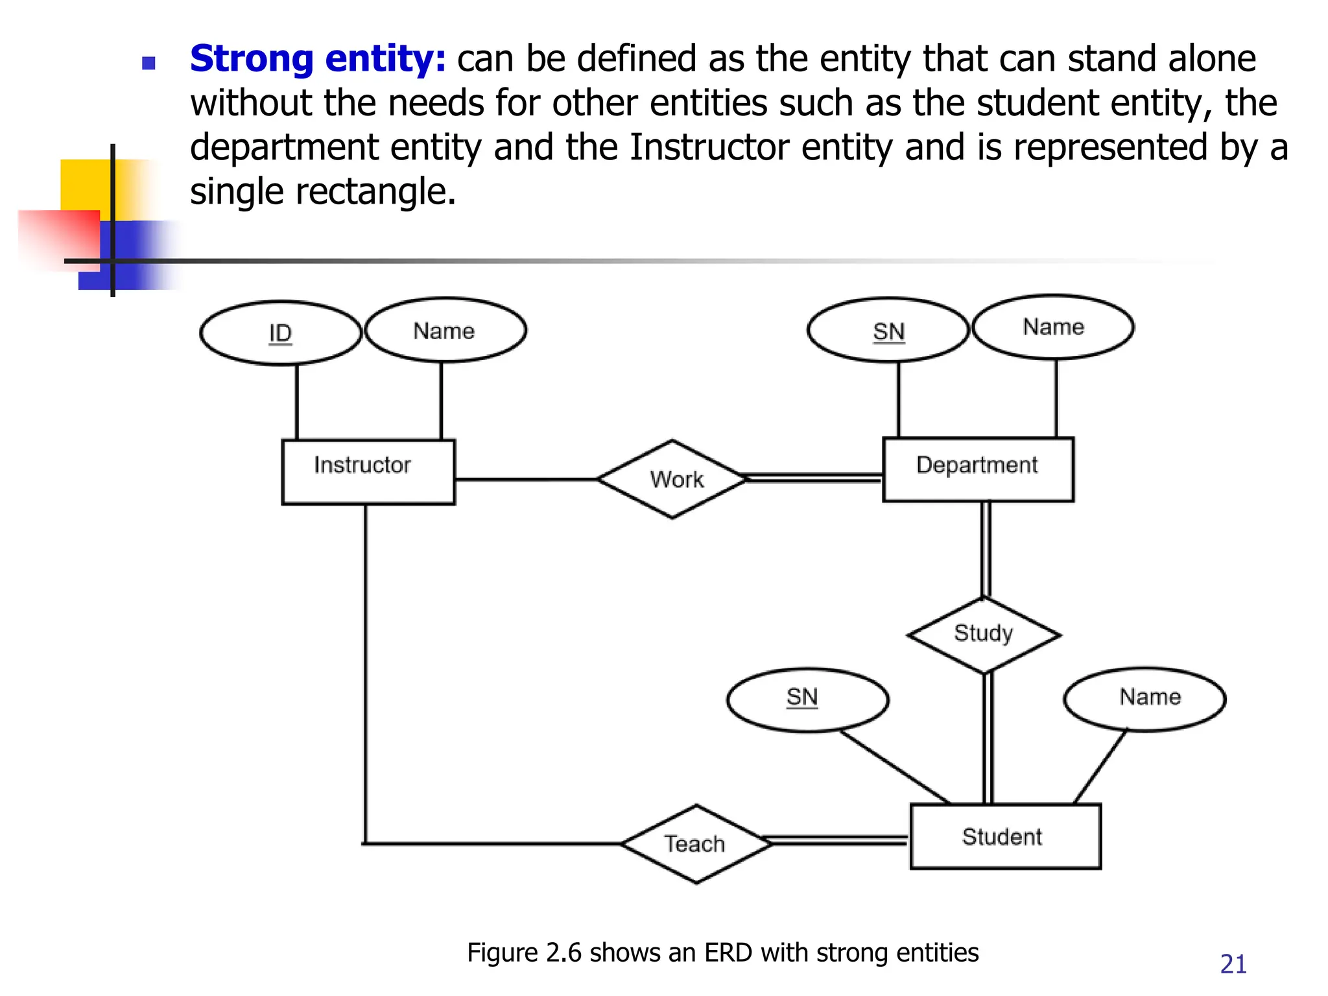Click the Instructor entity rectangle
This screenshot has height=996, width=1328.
tap(368, 472)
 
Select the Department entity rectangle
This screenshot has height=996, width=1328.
tap(978, 469)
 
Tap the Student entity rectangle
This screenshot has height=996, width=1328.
tap(1005, 836)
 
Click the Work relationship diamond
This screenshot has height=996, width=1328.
tap(673, 480)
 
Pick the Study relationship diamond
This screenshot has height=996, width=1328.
tap(984, 634)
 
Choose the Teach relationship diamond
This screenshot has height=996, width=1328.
tap(696, 844)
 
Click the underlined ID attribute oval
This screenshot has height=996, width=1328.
tap(280, 333)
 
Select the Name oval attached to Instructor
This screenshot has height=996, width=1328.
tap(445, 331)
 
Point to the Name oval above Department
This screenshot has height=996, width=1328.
tap(1053, 327)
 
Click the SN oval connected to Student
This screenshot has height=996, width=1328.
tap(807, 699)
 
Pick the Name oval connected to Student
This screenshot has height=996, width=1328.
tap(1145, 699)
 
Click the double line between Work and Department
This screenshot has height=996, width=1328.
tap(814, 479)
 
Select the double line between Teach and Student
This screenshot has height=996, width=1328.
tap(839, 841)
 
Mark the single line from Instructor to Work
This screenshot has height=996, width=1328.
tap(525, 480)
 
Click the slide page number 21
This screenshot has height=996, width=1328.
tap(1233, 964)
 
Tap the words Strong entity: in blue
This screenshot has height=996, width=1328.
tap(318, 58)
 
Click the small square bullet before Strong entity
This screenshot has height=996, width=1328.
tap(148, 63)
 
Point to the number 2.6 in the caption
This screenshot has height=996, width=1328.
tap(564, 953)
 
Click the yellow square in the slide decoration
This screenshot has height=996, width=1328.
tap(84, 185)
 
